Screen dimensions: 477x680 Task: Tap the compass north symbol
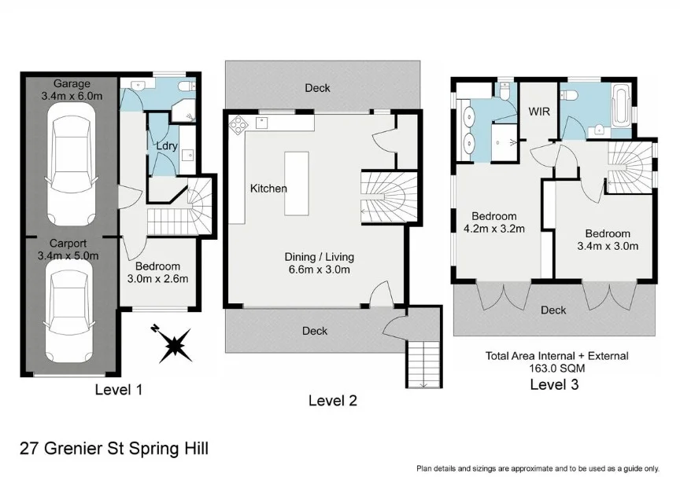[174, 343]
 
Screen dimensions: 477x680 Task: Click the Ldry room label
[165, 146]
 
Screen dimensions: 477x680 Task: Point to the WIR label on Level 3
[538, 111]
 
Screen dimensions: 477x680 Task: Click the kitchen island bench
[297, 184]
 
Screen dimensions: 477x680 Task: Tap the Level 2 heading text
[332, 401]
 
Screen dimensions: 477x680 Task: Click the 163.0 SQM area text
[556, 368]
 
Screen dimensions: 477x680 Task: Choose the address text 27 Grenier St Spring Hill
[115, 449]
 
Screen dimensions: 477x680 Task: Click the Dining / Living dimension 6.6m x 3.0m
[319, 270]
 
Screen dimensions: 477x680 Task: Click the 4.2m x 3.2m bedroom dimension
[494, 229]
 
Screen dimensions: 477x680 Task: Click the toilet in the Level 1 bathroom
[184, 86]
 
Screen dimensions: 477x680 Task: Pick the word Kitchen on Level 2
[268, 189]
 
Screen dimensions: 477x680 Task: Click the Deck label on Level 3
[553, 310]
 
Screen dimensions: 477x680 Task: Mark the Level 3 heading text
[556, 384]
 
